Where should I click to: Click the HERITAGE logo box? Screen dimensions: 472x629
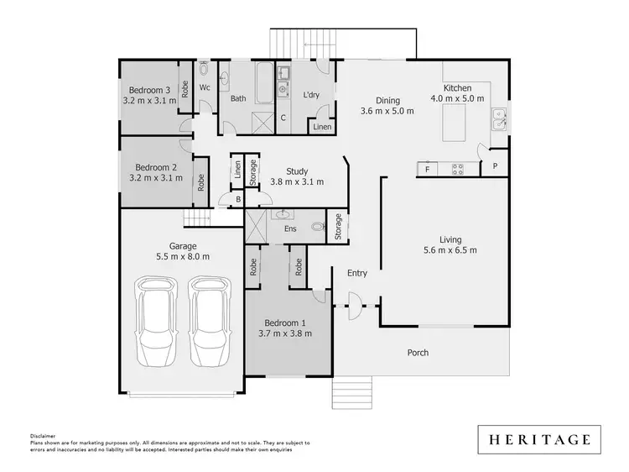pos(539,438)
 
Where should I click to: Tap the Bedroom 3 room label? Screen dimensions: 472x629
pos(150,90)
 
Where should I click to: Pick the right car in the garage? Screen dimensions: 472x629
pos(208,322)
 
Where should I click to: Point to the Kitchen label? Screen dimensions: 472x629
pos(458,88)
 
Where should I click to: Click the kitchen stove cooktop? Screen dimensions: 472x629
pos(459,168)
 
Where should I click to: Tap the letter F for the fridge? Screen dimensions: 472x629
pos(427,169)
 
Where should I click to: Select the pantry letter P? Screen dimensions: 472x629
pos(495,166)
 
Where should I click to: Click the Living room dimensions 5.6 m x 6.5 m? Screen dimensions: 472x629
pos(450,249)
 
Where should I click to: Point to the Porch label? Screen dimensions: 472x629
pos(418,353)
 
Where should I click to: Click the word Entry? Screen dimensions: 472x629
pos(357,273)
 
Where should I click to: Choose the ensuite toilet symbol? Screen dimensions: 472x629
pos(316,226)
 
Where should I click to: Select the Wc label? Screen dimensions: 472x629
pos(205,87)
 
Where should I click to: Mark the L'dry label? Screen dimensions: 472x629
pos(312,95)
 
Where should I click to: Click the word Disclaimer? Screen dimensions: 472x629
pos(43,437)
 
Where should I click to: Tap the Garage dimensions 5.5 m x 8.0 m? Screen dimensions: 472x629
pos(183,257)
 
